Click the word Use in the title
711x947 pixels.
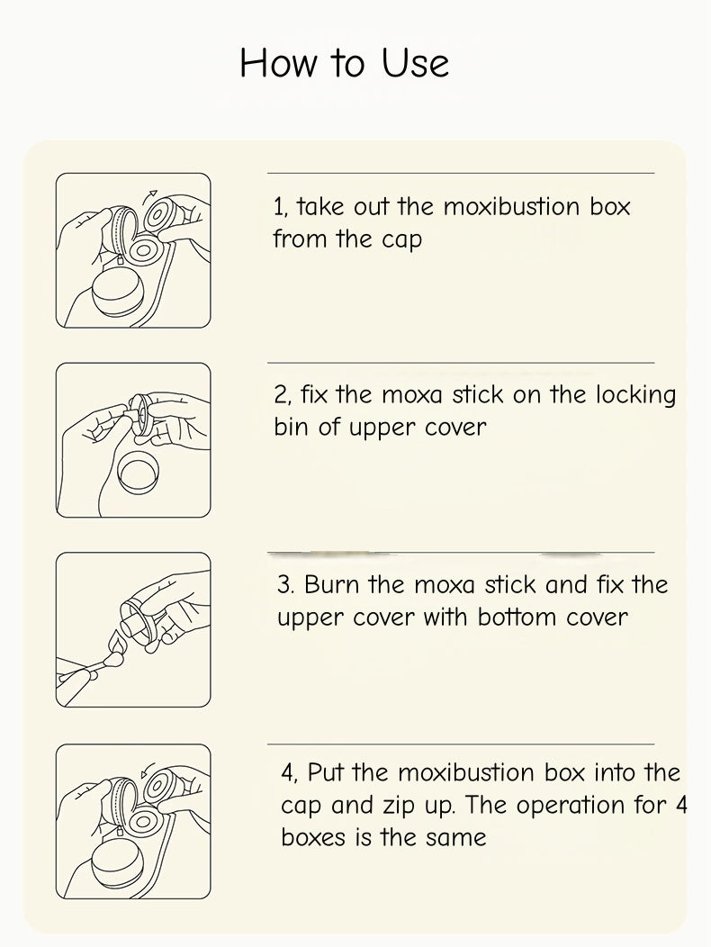click(416, 62)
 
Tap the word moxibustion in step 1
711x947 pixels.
click(511, 206)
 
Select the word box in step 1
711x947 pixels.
click(609, 206)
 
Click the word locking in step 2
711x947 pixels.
click(635, 396)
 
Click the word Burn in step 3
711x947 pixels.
click(330, 584)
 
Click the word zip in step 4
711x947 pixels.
click(396, 807)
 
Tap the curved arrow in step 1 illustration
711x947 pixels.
click(150, 197)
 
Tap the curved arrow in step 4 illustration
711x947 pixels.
click(146, 768)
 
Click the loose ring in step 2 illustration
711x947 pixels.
click(139, 472)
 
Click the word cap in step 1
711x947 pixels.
click(401, 240)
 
